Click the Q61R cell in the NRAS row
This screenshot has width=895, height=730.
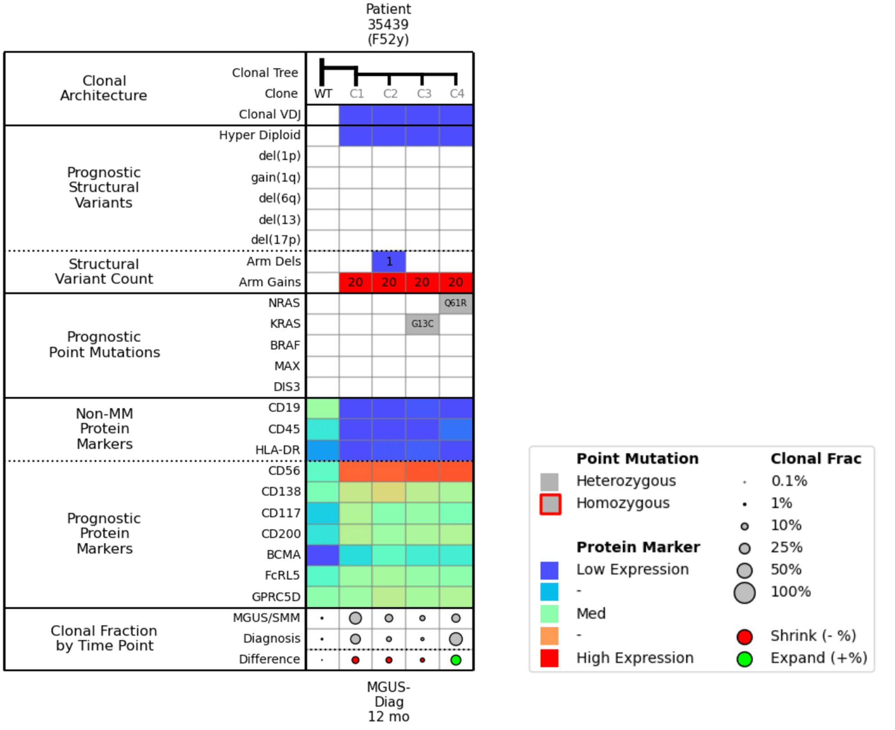tap(455, 303)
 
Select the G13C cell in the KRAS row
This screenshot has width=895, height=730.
tap(422, 324)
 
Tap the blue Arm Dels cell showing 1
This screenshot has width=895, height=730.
tap(389, 261)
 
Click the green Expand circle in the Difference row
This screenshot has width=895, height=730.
tap(455, 660)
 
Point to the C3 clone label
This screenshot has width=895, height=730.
tap(423, 94)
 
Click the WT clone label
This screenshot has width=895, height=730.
tap(323, 94)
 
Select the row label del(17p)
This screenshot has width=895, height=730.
tap(275, 239)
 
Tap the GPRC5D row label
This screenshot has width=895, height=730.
tap(275, 597)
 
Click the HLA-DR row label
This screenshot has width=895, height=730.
tap(277, 450)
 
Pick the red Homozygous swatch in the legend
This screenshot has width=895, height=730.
tap(550, 504)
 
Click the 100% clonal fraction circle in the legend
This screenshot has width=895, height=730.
tap(744, 592)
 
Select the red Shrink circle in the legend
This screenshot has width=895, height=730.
tap(744, 636)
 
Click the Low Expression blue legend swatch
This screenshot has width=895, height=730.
tap(549, 570)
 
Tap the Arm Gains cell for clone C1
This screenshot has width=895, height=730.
tap(355, 282)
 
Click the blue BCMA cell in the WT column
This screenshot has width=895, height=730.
tap(323, 554)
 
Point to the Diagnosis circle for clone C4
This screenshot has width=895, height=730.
tap(455, 639)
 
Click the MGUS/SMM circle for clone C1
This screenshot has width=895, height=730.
tap(355, 618)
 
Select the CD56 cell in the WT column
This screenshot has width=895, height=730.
tap(323, 471)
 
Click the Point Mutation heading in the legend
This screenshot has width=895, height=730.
tap(637, 458)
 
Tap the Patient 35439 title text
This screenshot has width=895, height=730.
tap(388, 24)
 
